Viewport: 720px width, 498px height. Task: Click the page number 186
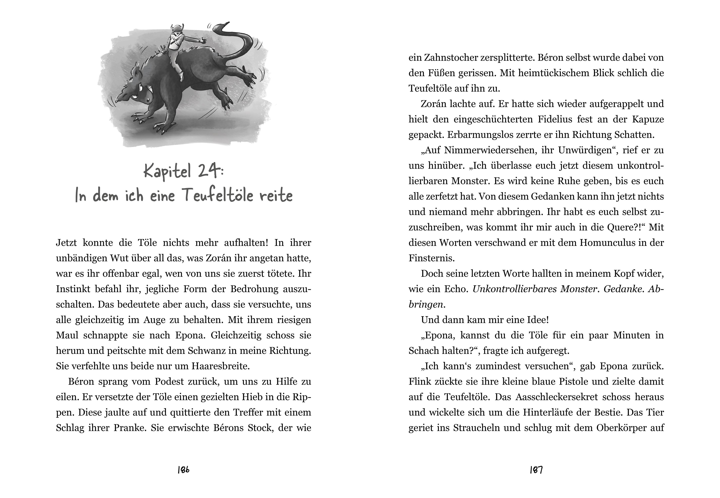pos(183,470)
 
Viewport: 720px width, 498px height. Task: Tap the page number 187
pos(536,470)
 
